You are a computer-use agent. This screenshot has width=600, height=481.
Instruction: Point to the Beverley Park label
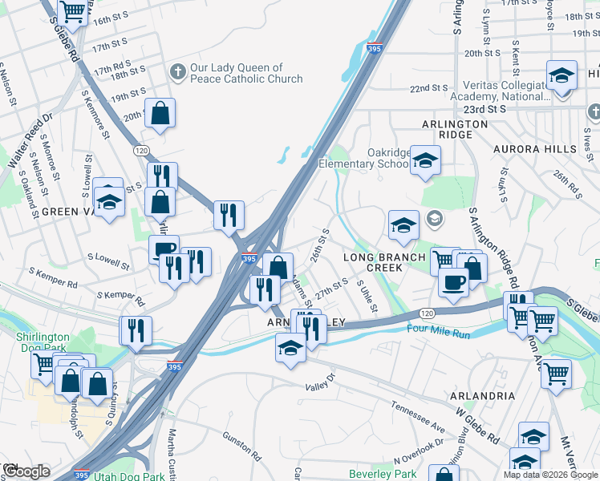383,474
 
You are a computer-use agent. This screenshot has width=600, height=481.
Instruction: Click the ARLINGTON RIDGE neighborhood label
456,130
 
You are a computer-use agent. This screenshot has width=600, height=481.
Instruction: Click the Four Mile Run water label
439,329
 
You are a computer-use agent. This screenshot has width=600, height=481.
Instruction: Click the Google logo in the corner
26,471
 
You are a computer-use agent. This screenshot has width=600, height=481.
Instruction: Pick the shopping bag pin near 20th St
160,113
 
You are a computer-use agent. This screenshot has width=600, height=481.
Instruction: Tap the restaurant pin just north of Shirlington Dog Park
135,330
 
